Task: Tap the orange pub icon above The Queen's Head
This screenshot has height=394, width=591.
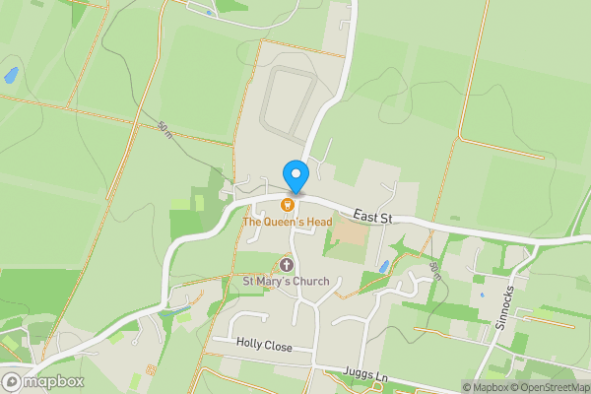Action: (x=288, y=205)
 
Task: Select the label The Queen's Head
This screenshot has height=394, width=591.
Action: (x=287, y=222)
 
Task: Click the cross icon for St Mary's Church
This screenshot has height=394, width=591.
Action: (x=288, y=264)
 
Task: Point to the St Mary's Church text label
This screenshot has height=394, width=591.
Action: (x=287, y=281)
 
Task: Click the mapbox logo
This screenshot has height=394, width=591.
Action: (x=43, y=381)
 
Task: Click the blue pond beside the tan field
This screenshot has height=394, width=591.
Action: (x=383, y=266)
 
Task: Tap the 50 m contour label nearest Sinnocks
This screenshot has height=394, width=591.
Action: (x=434, y=270)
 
